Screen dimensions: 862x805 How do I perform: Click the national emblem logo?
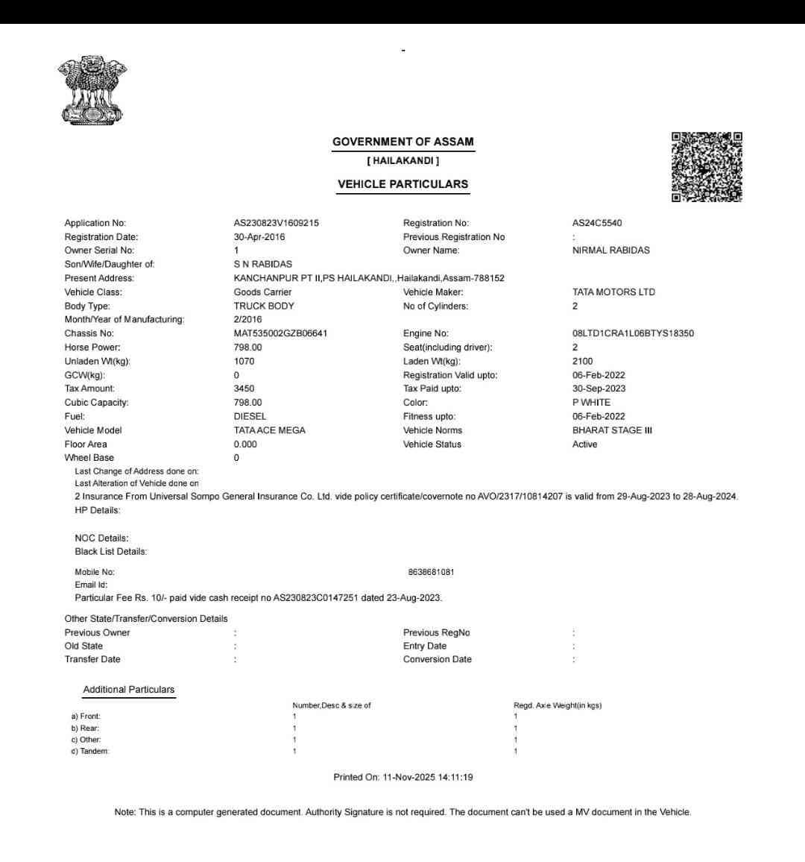click(92, 89)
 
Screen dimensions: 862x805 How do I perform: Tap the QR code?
click(707, 167)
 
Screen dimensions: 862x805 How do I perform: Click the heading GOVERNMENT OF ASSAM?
click(402, 142)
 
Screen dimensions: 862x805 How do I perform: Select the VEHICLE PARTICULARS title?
click(402, 184)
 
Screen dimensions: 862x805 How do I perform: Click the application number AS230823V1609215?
click(276, 223)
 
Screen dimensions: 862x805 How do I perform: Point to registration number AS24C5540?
click(597, 223)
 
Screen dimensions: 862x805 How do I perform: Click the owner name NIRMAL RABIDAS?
click(610, 251)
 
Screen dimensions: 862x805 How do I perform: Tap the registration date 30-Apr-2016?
click(259, 237)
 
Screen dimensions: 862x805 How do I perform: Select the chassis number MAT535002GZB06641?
click(280, 333)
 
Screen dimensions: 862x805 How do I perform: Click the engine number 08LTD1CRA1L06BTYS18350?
click(633, 333)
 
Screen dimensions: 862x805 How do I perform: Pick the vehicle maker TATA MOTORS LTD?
click(613, 292)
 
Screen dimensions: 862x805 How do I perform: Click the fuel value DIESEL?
click(250, 417)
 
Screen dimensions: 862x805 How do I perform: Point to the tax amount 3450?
click(244, 388)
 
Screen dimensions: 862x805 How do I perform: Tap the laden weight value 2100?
click(582, 361)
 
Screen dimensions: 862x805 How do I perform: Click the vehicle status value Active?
click(584, 444)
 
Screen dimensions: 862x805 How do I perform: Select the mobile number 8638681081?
click(431, 572)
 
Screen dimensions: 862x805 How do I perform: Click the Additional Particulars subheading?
click(129, 690)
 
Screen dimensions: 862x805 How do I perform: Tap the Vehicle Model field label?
click(93, 430)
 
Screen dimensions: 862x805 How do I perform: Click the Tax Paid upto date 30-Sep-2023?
click(599, 388)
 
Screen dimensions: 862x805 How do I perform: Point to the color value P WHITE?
click(591, 403)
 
